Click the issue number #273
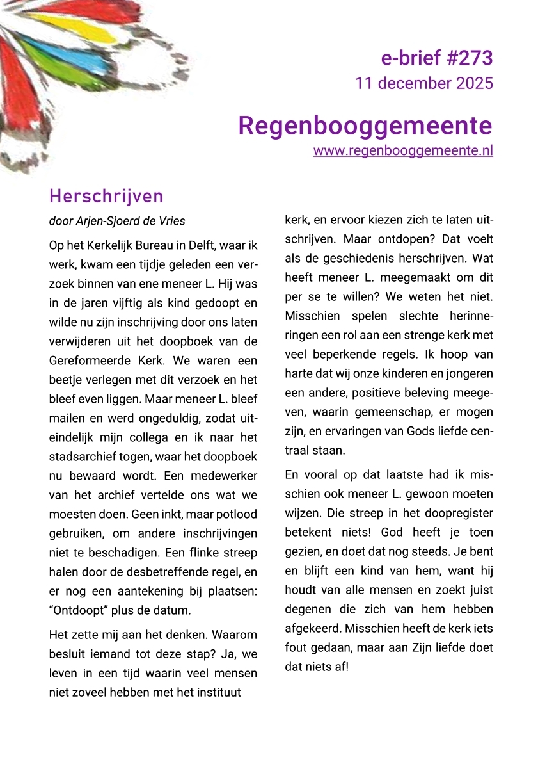[468, 58]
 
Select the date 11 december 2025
[423, 83]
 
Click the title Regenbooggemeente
[365, 125]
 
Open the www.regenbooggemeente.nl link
[403, 151]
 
